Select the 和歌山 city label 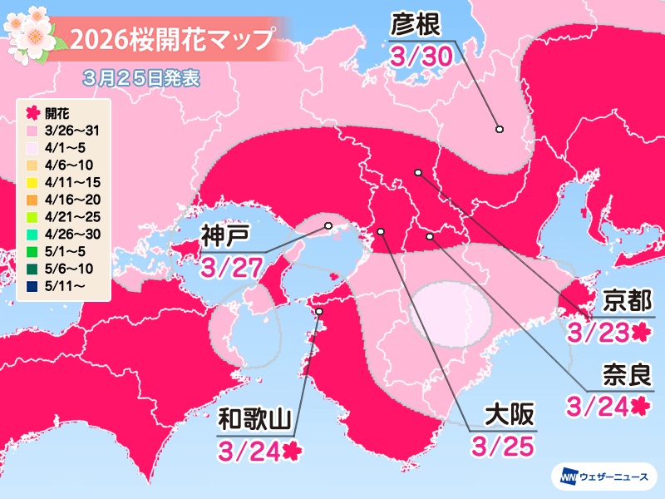(255, 418)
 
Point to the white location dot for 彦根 (500, 129)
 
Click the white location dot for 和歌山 (320, 311)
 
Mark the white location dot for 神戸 (328, 225)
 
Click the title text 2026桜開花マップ (171, 39)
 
